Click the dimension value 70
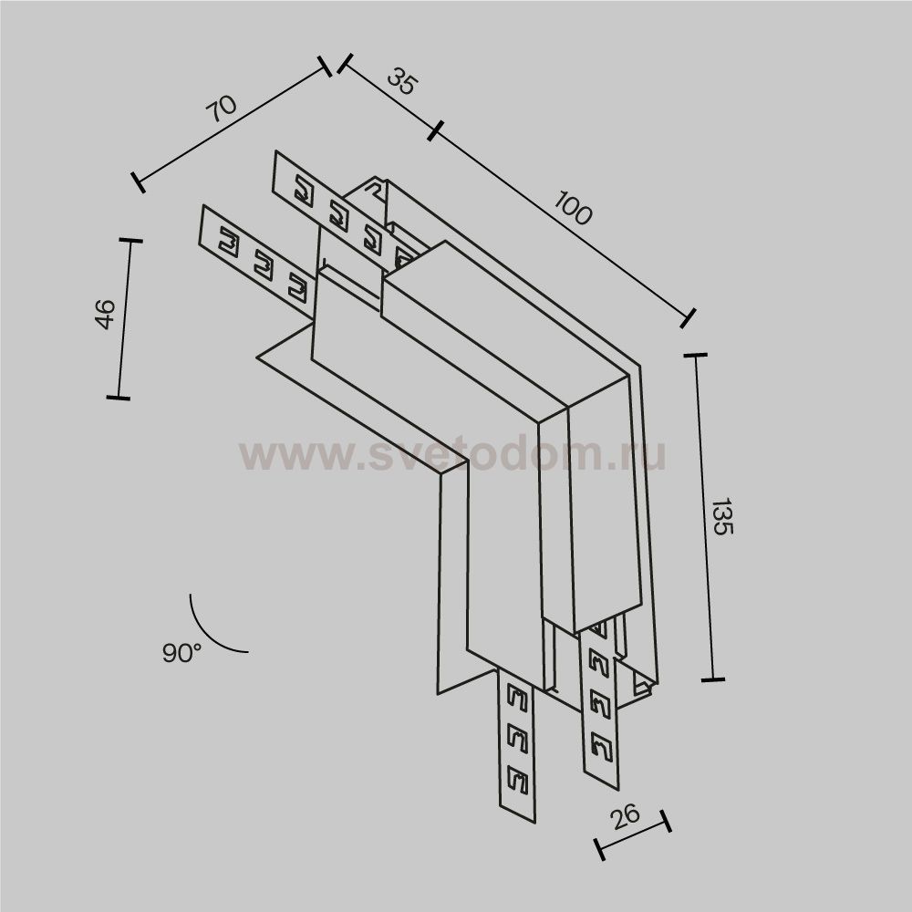[222, 108]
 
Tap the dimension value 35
[401, 83]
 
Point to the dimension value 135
[721, 516]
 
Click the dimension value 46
[105, 314]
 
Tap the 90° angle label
[182, 653]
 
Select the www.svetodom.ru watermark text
[452, 453]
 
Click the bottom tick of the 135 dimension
[712, 679]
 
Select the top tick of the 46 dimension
[131, 241]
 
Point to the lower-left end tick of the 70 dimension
[138, 181]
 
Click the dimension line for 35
[388, 98]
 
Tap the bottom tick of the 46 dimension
[118, 398]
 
